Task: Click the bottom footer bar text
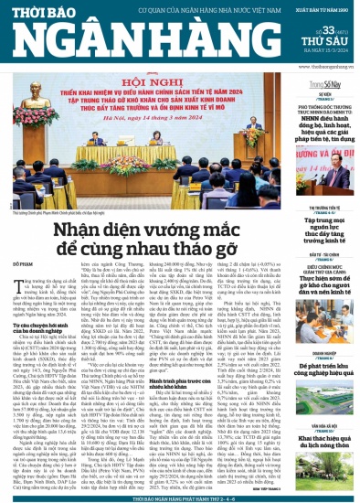(180, 498)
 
